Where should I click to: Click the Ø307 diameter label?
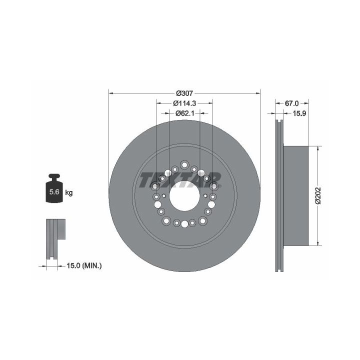(184, 93)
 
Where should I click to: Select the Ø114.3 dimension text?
(184, 103)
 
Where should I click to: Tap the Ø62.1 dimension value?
(185, 113)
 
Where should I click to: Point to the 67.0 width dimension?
(291, 103)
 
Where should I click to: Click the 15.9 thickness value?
(299, 113)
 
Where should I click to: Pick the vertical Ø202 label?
(318, 195)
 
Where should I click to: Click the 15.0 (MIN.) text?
(84, 266)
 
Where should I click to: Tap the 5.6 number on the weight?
(54, 191)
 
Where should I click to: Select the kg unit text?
(69, 192)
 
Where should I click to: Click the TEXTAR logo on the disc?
(180, 180)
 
